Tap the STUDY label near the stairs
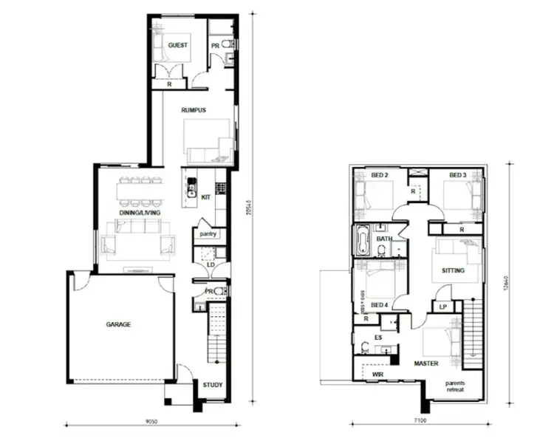pos(213,385)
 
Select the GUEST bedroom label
pos(177,45)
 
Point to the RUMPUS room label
pos(194,110)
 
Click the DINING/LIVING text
pos(140,212)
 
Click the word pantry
pos(207,234)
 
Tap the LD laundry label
pos(210,263)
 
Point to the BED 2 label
pos(380,175)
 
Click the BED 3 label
pos(457,175)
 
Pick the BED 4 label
pos(380,305)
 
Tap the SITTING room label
pos(453,271)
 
